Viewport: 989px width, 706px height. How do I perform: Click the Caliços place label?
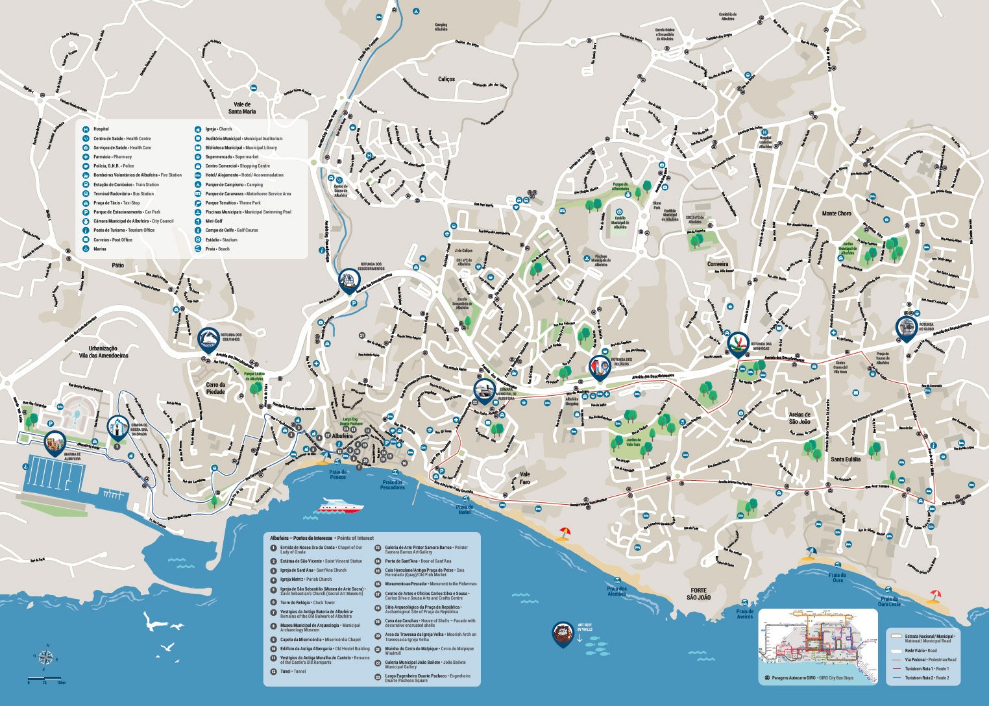coord(446,79)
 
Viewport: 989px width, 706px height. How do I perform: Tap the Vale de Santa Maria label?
coord(242,108)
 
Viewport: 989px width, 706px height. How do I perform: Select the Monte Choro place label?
coord(836,213)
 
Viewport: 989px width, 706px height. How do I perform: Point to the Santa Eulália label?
coord(846,459)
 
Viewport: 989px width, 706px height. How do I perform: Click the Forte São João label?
coord(699,594)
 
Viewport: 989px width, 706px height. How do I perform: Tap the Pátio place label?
coord(117,265)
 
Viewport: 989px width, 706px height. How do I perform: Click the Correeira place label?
coord(717,264)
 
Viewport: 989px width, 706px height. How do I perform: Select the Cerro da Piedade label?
coord(215,389)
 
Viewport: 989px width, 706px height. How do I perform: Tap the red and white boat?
coord(340,506)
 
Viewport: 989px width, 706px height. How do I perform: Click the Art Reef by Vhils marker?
coord(563,634)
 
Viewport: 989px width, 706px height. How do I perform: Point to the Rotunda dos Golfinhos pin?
coord(208,339)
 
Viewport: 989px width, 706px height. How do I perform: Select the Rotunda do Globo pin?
coord(906,328)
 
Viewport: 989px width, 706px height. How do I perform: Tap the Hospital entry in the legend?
coord(101,129)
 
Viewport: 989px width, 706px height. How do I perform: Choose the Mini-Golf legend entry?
coord(214,221)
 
